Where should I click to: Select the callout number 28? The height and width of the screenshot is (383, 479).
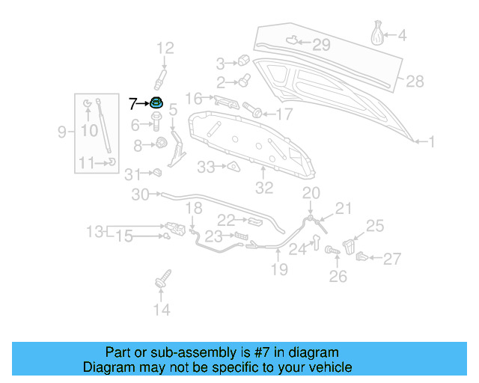415,80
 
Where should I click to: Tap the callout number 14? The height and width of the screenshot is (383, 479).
162,310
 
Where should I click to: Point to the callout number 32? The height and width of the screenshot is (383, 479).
264,188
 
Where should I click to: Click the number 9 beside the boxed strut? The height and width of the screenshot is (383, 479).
62,132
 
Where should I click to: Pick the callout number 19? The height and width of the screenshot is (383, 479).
278,269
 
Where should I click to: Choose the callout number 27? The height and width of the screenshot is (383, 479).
392,259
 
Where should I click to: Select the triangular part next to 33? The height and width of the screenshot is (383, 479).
232,166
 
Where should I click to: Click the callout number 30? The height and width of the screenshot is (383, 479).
141,195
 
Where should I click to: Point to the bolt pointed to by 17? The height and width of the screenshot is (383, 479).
257,113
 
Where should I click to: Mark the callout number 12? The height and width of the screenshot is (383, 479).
165,49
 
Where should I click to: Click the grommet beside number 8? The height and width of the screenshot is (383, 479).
160,144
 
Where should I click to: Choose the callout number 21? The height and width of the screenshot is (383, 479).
343,208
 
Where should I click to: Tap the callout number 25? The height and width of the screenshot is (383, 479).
375,224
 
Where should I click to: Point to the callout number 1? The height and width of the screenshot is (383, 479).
430,141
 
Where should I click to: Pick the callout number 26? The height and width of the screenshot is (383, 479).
338,277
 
